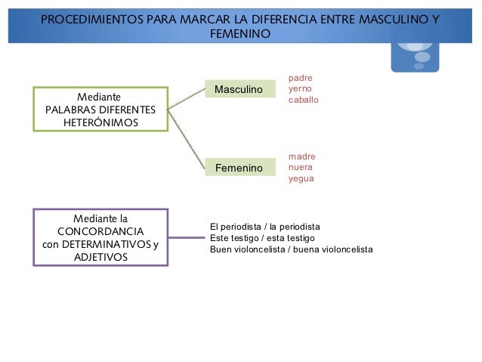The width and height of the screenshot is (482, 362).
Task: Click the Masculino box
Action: click(240, 89)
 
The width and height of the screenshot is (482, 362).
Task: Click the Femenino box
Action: click(240, 167)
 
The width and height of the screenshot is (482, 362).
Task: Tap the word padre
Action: click(300, 77)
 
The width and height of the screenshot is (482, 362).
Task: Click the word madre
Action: click(302, 156)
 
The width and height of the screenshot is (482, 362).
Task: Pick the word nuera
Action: click(301, 167)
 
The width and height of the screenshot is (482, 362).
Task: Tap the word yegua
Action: click(301, 178)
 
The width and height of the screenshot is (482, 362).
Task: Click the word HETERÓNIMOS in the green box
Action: click(100, 122)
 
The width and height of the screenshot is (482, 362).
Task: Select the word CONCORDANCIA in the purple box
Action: click(100, 231)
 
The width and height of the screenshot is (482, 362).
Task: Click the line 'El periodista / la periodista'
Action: click(264, 226)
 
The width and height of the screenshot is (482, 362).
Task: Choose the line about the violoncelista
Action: click(291, 249)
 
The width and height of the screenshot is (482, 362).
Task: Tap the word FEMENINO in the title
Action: click(240, 34)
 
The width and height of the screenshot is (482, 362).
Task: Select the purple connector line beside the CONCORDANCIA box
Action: click(187, 237)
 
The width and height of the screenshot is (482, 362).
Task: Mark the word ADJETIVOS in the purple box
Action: click(100, 258)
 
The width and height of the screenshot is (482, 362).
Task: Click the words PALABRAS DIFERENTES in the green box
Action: click(100, 110)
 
